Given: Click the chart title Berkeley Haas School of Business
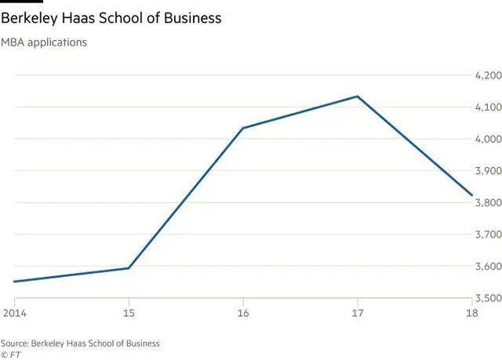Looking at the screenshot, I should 111,17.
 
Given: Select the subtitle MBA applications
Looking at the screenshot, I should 44,42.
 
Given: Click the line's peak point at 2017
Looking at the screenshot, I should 358,96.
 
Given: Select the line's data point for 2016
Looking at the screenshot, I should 243,128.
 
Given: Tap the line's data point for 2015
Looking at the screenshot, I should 129,268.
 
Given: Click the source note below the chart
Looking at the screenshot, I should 80,343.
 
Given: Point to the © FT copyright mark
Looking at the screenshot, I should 10,354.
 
